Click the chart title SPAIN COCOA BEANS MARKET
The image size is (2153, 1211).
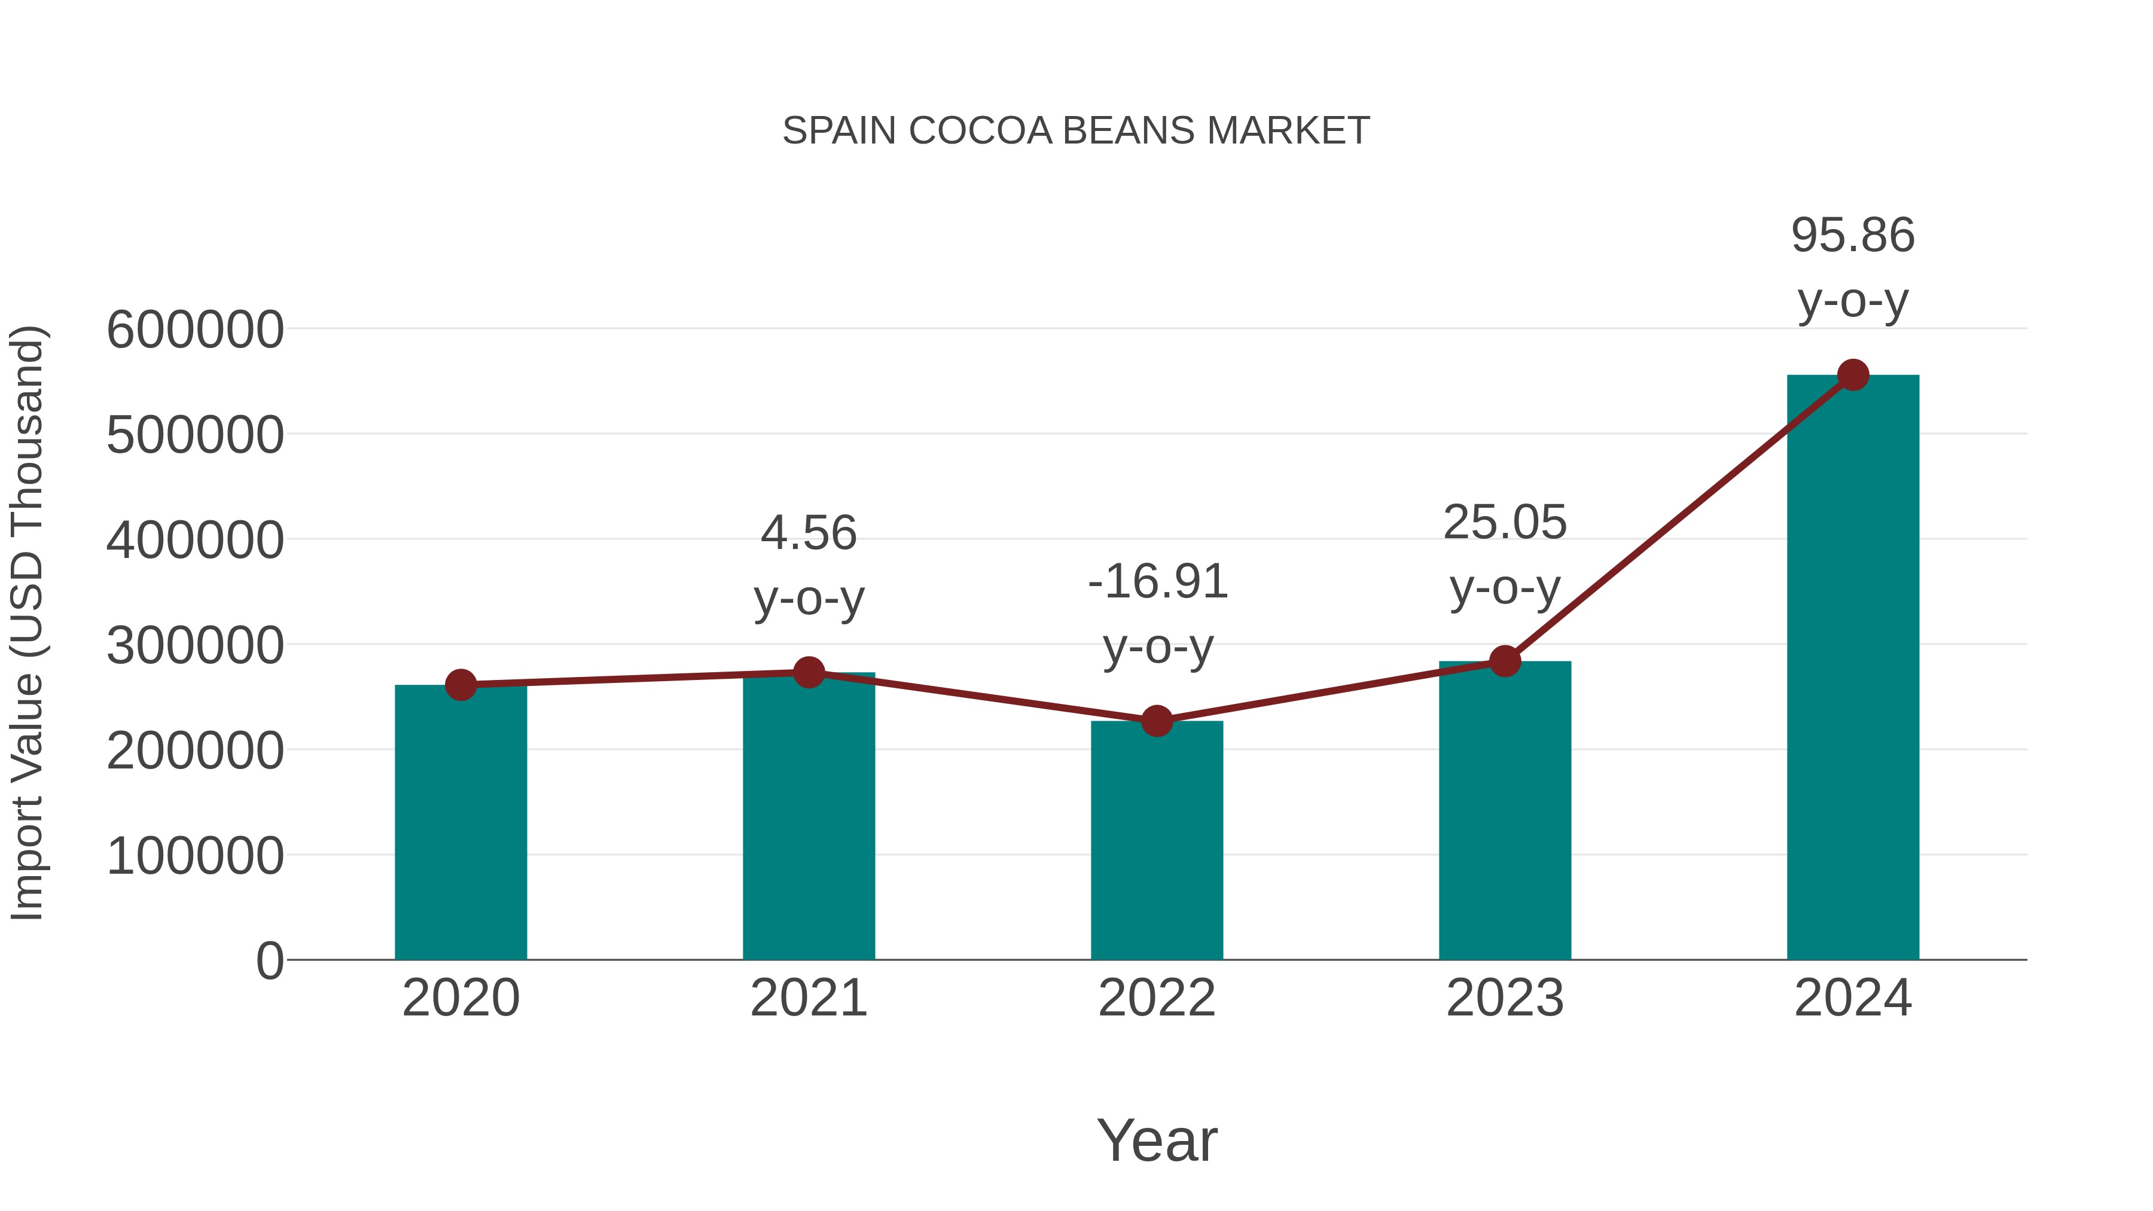(x=1076, y=131)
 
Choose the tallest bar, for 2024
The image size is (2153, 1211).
(x=1853, y=669)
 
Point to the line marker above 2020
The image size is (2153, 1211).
(x=461, y=685)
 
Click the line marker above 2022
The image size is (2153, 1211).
(x=1157, y=721)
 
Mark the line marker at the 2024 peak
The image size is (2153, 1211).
(x=1853, y=375)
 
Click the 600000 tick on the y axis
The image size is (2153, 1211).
(x=195, y=330)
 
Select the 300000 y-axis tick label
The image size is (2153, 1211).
(x=195, y=645)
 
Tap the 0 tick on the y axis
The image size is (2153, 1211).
(x=269, y=961)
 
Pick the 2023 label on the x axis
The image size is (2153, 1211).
(x=1505, y=999)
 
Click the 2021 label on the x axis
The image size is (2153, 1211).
(x=808, y=999)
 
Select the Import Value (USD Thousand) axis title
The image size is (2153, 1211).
(x=27, y=623)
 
